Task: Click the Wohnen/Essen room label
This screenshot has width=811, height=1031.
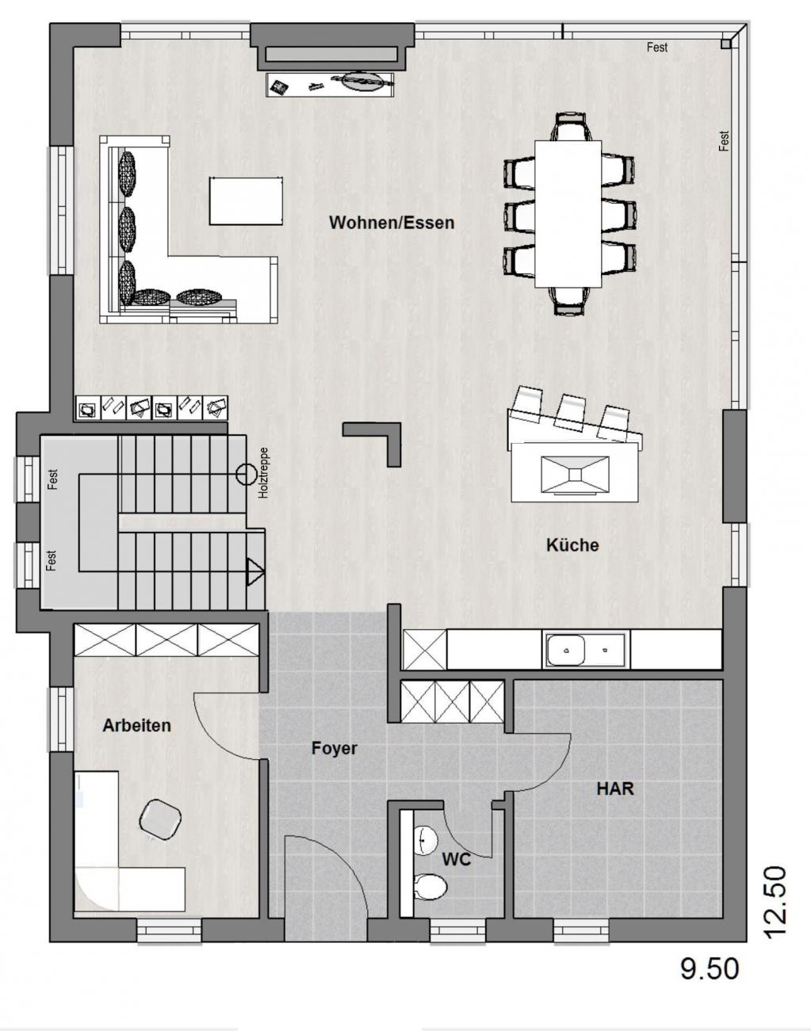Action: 392,223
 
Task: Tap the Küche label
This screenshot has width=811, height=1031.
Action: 573,545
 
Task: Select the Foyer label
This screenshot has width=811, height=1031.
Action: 334,748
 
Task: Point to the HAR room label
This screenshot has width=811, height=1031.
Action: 615,789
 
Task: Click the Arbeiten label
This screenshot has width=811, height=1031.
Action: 136,725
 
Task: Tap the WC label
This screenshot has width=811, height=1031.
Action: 457,860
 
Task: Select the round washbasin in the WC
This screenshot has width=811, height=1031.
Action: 425,840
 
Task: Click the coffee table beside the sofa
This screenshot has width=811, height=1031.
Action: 246,200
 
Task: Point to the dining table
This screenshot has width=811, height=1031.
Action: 568,214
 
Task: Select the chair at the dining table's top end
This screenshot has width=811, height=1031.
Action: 570,127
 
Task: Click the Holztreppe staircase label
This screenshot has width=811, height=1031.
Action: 263,473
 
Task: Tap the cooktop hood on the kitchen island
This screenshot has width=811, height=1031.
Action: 576,475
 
